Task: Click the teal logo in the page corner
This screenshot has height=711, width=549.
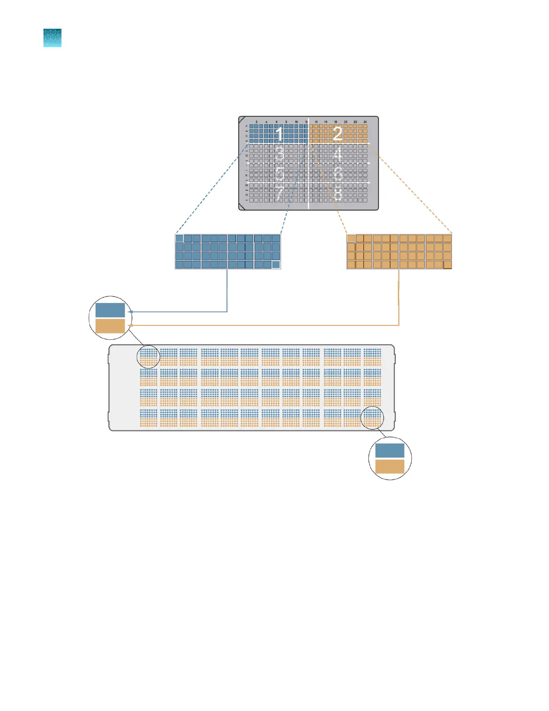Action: [x=52, y=38]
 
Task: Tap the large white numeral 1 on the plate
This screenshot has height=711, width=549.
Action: [x=279, y=134]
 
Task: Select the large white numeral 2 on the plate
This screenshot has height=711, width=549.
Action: [x=337, y=133]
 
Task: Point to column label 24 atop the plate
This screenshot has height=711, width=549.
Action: [x=365, y=122]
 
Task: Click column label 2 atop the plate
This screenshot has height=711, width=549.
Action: [x=257, y=122]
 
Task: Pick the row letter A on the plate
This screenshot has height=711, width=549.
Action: [x=246, y=126]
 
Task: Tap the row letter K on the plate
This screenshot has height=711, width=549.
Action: [x=246, y=175]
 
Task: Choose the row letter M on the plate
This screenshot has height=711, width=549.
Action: [x=246, y=185]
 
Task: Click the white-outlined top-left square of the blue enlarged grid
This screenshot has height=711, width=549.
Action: [x=179, y=238]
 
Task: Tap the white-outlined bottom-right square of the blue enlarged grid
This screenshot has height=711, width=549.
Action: [x=276, y=264]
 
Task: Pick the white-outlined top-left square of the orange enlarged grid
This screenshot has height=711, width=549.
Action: [x=351, y=238]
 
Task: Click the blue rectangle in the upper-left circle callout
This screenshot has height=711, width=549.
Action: [x=110, y=311]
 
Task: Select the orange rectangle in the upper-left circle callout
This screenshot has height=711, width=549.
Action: [x=110, y=326]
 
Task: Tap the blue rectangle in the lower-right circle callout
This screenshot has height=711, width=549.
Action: [x=390, y=451]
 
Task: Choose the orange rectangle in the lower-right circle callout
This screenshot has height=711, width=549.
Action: [x=390, y=466]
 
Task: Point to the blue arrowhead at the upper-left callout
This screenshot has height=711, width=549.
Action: [x=130, y=312]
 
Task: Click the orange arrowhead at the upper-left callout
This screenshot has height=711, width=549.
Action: [x=131, y=325]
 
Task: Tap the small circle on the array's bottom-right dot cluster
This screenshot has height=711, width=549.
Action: [x=373, y=418]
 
